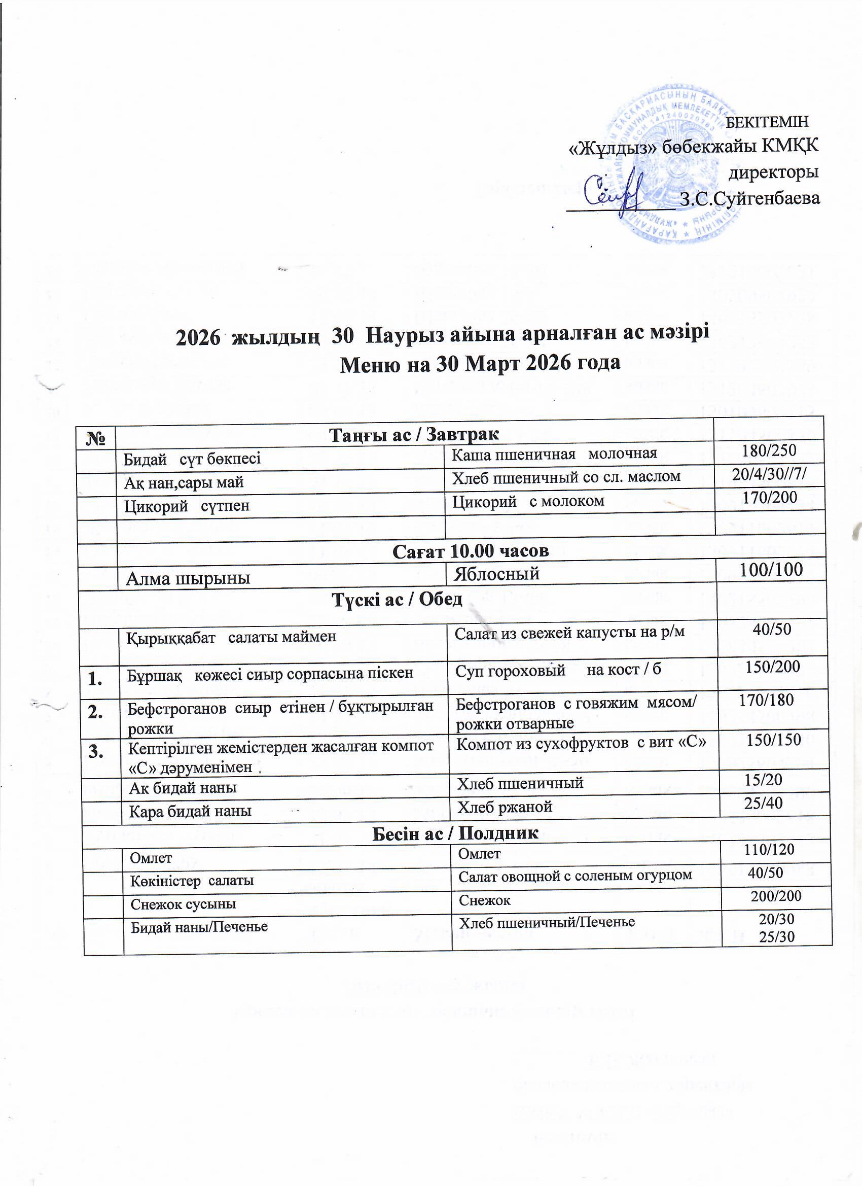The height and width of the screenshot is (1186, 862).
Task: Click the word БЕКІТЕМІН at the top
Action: tap(768, 122)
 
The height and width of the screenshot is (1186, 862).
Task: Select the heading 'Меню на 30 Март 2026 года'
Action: tap(480, 363)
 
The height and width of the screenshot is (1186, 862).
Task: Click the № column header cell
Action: tap(98, 436)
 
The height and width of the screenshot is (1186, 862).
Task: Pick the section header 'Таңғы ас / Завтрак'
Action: tap(414, 434)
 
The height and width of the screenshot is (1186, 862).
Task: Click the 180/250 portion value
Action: tap(769, 451)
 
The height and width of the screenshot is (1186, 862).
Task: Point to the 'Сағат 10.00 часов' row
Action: tap(470, 551)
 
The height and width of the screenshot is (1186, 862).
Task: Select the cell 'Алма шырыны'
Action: tap(188, 578)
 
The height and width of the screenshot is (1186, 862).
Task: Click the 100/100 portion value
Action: tap(771, 570)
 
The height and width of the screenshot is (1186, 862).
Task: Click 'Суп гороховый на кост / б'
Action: tap(558, 670)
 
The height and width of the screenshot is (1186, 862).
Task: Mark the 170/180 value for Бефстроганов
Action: tap(766, 700)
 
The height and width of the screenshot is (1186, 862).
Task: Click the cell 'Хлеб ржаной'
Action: tap(505, 807)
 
